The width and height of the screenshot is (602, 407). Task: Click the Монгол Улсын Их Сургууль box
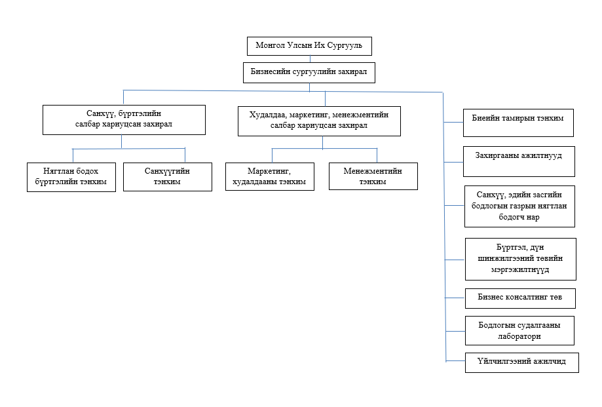(x=309, y=46)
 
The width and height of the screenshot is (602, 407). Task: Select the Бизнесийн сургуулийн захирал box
(x=309, y=73)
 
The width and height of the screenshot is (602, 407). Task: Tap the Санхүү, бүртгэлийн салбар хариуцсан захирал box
(x=124, y=120)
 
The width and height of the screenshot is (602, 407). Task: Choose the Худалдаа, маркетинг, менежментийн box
(x=319, y=121)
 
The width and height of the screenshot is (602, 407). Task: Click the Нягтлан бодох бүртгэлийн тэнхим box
(x=71, y=177)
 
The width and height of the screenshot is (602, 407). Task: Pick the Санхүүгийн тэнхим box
(x=168, y=176)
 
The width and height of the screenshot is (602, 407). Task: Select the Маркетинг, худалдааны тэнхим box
(x=269, y=176)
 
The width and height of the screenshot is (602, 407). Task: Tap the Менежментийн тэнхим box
(x=373, y=176)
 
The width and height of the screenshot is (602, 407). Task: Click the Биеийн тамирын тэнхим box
(x=518, y=123)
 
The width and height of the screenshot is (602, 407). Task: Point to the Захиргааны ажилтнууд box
(x=519, y=161)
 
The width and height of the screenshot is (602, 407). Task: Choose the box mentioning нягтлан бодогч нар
(x=519, y=206)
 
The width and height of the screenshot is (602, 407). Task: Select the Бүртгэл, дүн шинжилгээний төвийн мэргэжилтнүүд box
(x=521, y=259)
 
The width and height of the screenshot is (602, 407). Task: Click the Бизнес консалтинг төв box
(x=520, y=298)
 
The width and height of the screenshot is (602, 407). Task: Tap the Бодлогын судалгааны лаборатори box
(x=519, y=330)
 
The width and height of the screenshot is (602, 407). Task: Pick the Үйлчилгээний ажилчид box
(x=522, y=362)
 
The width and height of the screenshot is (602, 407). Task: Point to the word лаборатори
(x=519, y=336)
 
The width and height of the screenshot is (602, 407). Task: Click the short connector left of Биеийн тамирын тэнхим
(x=453, y=123)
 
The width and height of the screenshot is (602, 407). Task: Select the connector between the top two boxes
(x=310, y=59)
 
